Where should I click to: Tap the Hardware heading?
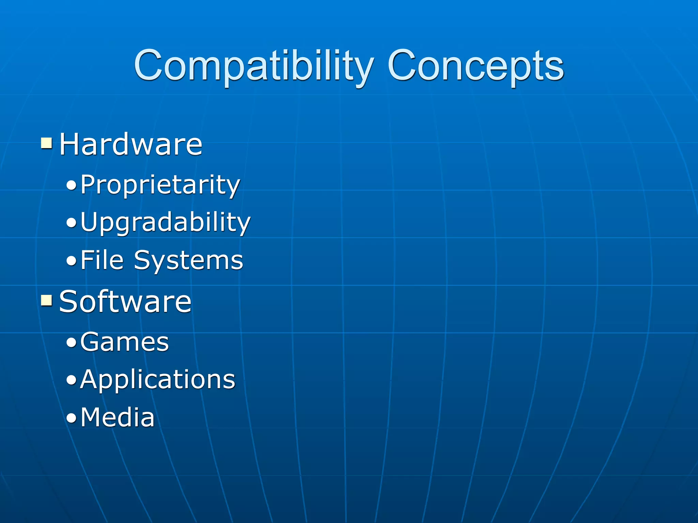(131, 144)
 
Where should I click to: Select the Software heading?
(125, 302)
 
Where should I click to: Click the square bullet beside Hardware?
(46, 143)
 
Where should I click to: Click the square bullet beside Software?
(46, 300)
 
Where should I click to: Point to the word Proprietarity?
(160, 185)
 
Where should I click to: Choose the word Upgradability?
(165, 222)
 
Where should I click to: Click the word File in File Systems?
(102, 260)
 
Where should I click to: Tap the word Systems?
(188, 261)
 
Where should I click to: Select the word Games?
(124, 342)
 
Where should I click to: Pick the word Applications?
(158, 380)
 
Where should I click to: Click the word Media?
(118, 417)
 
